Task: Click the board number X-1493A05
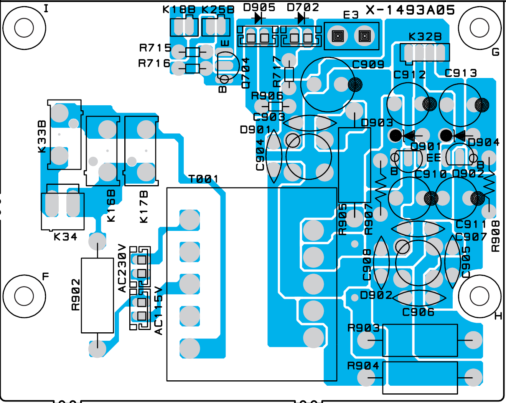[410, 10]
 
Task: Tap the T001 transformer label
[203, 179]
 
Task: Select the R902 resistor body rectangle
[97, 295]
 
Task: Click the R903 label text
[363, 328]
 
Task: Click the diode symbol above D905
[258, 18]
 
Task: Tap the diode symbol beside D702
[302, 18]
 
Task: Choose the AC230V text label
[122, 268]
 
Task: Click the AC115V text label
[158, 311]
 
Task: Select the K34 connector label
[65, 237]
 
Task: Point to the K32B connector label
[425, 37]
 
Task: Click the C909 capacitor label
[368, 65]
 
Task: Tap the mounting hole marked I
[24, 28]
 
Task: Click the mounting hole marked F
[24, 297]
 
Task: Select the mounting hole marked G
[480, 28]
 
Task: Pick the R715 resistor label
[155, 48]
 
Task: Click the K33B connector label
[42, 137]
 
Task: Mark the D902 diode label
[376, 295]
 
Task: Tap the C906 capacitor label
[418, 312]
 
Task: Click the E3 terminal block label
[351, 15]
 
